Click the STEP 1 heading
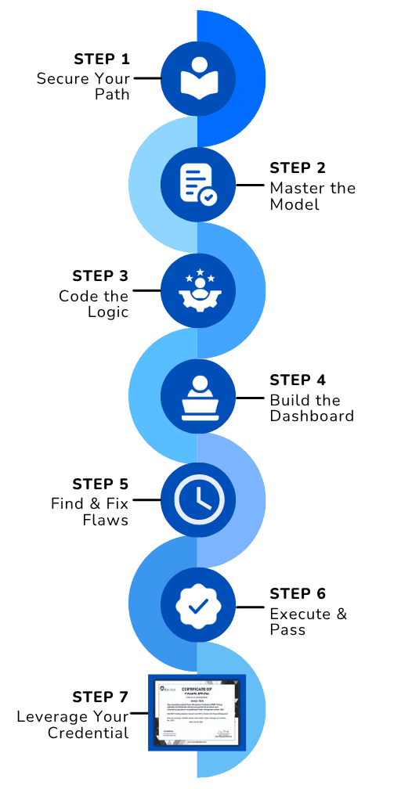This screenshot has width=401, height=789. click(102, 59)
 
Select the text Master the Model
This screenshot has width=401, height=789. click(312, 196)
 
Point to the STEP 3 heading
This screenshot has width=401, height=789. click(100, 276)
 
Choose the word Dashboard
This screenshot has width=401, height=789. click(312, 416)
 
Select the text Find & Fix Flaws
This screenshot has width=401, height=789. click(90, 511)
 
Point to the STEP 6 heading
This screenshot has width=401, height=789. click(298, 593)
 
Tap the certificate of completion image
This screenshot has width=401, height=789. click(197, 711)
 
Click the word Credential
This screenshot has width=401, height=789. click(88, 733)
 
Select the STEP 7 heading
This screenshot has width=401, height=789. click(100, 697)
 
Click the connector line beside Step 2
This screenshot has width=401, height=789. click(250, 186)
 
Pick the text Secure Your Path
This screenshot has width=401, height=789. click(83, 87)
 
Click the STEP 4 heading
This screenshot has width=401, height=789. click(298, 380)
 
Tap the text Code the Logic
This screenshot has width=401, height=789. click(94, 304)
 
